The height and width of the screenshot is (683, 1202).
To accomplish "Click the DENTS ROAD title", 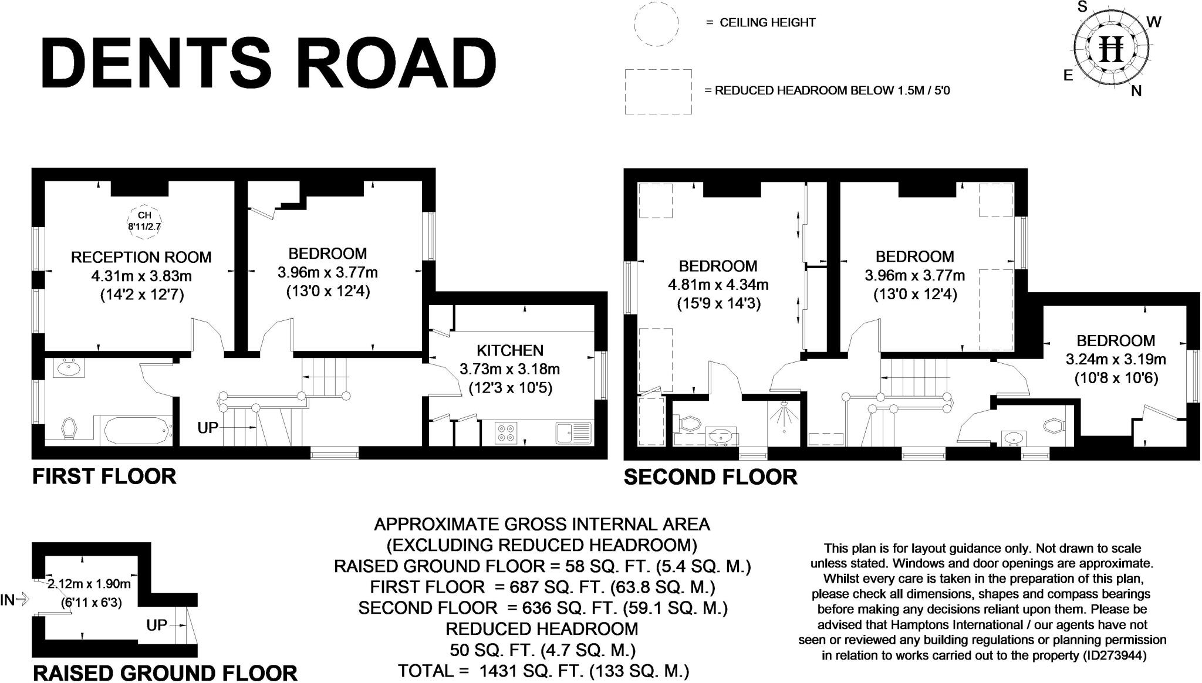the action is point(269,62).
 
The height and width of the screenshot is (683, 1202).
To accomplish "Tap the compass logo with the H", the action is point(1111,48).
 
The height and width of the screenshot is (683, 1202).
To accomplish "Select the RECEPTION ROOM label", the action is point(141,257).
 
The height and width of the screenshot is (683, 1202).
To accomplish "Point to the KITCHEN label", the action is point(509,350).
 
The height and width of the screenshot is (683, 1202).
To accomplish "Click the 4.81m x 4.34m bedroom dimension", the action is point(718,285).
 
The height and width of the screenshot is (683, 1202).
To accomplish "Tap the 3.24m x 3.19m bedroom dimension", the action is point(1116,359).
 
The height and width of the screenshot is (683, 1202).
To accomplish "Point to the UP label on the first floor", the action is point(207,428).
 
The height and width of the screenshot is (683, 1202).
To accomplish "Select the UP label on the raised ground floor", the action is point(157,625).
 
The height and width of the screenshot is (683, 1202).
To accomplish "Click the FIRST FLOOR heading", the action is point(104,476).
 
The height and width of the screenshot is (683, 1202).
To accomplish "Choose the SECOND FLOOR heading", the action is point(710,477).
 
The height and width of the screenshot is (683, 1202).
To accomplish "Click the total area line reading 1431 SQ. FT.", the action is point(543,670).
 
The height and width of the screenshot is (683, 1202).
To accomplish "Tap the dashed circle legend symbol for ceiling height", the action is point(656,23).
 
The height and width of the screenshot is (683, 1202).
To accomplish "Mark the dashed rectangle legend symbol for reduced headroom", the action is point(658,92).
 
